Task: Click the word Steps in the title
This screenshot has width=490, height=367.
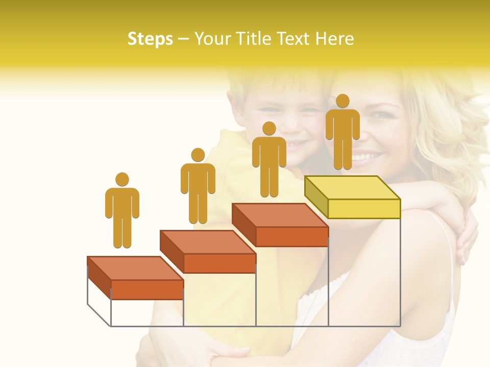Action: pyautogui.click(x=150, y=39)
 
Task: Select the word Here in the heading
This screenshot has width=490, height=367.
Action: pyautogui.click(x=335, y=39)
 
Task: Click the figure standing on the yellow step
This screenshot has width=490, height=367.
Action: pyautogui.click(x=342, y=135)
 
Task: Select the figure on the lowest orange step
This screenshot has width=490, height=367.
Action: pyautogui.click(x=122, y=214)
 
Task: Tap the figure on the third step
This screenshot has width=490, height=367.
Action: pyautogui.click(x=269, y=163)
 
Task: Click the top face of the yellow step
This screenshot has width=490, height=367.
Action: pyautogui.click(x=352, y=188)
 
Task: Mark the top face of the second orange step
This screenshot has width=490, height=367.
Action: pyautogui.click(x=207, y=242)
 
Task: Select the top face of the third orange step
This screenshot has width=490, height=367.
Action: pyautogui.click(x=280, y=215)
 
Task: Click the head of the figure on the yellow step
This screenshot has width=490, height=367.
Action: pyautogui.click(x=342, y=101)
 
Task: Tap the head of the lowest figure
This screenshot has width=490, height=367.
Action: pyautogui.click(x=122, y=179)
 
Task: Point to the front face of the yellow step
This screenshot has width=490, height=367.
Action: pyautogui.click(x=364, y=208)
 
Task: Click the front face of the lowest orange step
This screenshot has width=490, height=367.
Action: pyautogui.click(x=147, y=290)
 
